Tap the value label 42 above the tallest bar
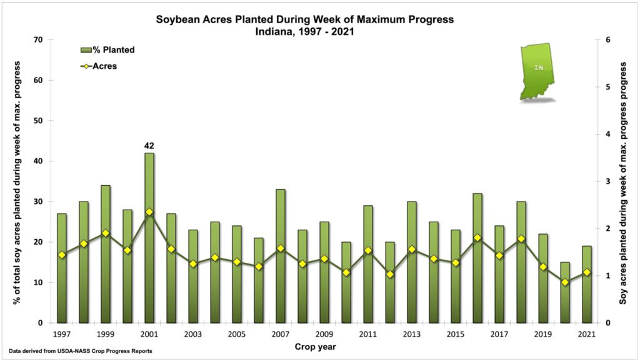click(149, 146)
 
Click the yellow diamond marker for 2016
click(477, 238)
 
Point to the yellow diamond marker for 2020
click(565, 282)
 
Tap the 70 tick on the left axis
click(39, 40)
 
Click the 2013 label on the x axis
click(412, 334)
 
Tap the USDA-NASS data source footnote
click(81, 351)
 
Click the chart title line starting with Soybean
click(304, 20)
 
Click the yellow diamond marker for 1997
click(62, 255)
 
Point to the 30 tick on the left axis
click(39, 202)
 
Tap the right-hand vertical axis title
click(624, 181)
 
